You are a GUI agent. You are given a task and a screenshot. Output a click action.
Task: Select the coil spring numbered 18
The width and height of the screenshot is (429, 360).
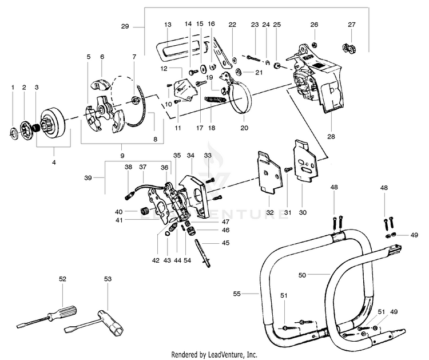coord(215,99)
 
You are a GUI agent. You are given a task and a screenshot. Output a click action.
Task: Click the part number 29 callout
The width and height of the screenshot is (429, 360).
coord(125,26)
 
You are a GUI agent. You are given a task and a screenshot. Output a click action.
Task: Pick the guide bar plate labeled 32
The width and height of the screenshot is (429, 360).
coord(269,172)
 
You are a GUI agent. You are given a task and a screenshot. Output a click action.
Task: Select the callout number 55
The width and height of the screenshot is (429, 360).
coord(237,294)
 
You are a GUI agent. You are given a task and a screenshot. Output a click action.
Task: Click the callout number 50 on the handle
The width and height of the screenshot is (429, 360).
coord(302,275)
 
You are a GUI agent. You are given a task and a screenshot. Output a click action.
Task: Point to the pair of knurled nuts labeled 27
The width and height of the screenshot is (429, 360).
coord(349,49)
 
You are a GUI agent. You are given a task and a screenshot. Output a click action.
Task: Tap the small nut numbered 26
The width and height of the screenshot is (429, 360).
coord(315,44)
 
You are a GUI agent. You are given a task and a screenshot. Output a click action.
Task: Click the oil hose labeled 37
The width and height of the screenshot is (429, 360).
coord(149,186)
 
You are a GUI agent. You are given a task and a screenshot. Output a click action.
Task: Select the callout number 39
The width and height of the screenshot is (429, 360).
coord(88,178)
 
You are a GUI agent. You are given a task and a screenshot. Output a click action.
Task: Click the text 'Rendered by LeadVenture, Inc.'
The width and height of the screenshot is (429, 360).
coord(214,354)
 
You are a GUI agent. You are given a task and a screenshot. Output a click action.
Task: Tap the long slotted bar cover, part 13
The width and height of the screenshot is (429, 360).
coord(181,49)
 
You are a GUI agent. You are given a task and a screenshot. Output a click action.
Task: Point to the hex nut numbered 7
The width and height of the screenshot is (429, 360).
coord(134,100)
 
